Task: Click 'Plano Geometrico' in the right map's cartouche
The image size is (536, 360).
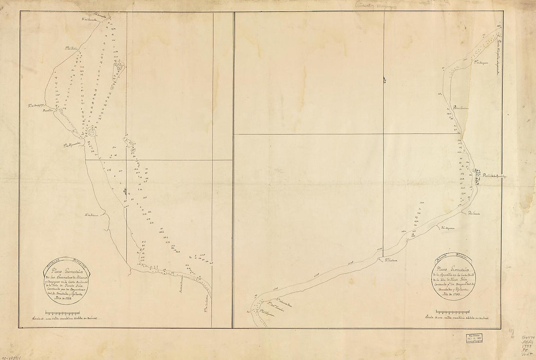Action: click(451, 269)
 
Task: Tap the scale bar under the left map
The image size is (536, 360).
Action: click(71, 312)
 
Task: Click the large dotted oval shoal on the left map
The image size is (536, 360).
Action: click(118, 70)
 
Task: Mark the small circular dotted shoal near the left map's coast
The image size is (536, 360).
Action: click(91, 132)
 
